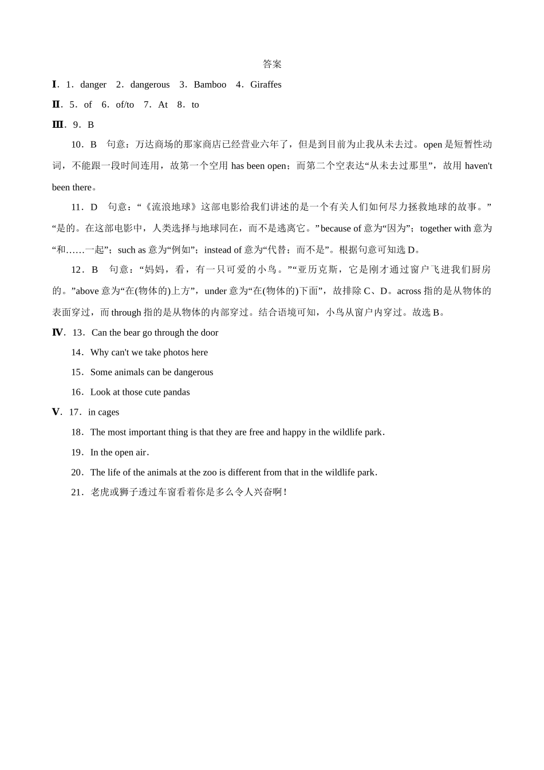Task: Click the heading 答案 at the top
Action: pos(272,64)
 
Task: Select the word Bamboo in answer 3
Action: pos(210,85)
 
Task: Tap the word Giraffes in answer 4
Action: pos(266,85)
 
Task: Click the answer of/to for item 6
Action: pos(125,105)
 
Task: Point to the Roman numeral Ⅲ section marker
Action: pos(57,125)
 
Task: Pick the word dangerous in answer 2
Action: pos(150,85)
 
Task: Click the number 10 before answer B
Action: pos(77,144)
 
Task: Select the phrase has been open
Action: pos(258,166)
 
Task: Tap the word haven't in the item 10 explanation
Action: pos(478,166)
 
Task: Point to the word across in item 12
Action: pos(409,291)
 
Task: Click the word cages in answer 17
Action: pos(108,412)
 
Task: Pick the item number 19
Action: pos(77,453)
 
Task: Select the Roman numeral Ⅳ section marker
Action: pos(57,333)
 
